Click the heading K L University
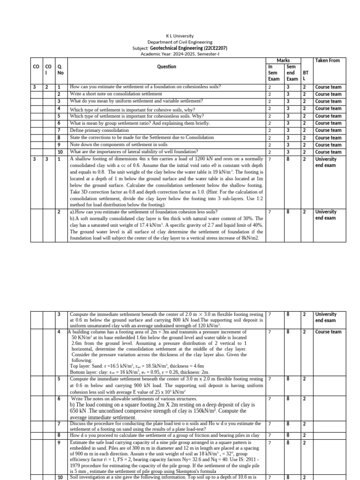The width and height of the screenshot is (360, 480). coord(180,36)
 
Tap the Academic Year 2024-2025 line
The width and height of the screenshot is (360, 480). coord(180,54)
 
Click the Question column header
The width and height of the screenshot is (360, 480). coord(166,67)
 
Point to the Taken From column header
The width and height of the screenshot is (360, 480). coord(327,60)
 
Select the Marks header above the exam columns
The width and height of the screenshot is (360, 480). coord(283,60)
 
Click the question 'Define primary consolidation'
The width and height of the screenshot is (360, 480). coord(99,130)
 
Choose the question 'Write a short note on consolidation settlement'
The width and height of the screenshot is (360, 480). coord(116,94)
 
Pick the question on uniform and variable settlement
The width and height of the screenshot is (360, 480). coord(136,101)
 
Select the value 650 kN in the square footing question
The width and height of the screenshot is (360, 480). coord(77,411)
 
